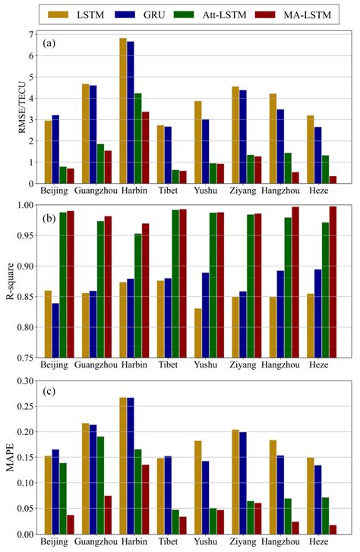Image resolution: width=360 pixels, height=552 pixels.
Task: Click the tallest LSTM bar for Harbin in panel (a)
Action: pos(122,110)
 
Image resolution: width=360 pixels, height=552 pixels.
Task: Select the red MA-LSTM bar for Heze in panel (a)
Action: pos(333,179)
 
